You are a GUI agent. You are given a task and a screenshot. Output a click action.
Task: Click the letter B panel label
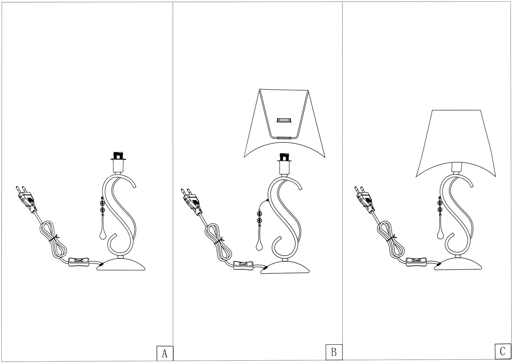pos(334,352)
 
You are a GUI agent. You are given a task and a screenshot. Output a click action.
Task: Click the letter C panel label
pos(503,352)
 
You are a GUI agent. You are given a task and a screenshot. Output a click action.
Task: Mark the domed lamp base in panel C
pos(459,264)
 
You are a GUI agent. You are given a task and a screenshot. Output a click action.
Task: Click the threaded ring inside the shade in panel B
pos(284,120)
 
